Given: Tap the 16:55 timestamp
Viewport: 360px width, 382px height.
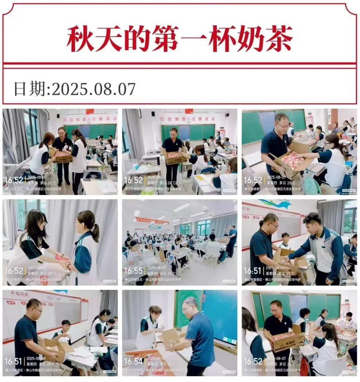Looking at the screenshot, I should pyautogui.click(x=133, y=271).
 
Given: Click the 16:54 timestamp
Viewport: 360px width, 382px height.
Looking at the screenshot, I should pyautogui.click(x=133, y=361).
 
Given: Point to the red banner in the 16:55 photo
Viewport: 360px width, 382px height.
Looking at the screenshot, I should pyautogui.click(x=151, y=220).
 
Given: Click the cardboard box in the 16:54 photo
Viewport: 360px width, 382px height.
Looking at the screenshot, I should pyautogui.click(x=170, y=338).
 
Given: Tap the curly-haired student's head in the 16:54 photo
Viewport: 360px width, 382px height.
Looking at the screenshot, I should pyautogui.click(x=155, y=311).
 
